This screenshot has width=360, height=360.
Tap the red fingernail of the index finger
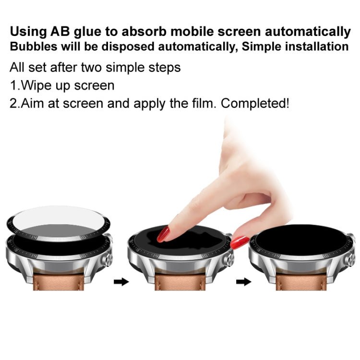164,234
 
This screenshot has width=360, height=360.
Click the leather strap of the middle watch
180,283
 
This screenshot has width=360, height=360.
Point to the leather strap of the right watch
302,283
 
